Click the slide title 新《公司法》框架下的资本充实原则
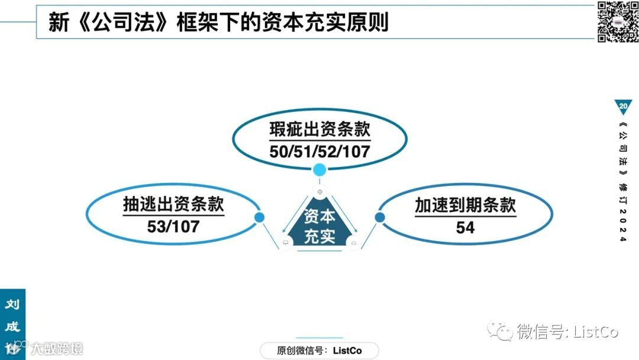click(218, 22)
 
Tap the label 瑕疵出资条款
click(319, 130)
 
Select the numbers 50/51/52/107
click(319, 151)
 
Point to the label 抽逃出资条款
click(173, 205)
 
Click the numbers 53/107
click(173, 226)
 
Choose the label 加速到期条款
click(465, 205)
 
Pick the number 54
click(465, 227)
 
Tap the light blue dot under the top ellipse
click(319, 171)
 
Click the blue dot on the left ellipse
click(259, 217)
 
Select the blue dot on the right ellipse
click(380, 217)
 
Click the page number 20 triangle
click(623, 106)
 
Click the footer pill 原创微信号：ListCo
click(319, 351)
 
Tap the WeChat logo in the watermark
click(499, 332)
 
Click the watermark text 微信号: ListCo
click(567, 332)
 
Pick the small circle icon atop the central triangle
click(319, 192)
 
